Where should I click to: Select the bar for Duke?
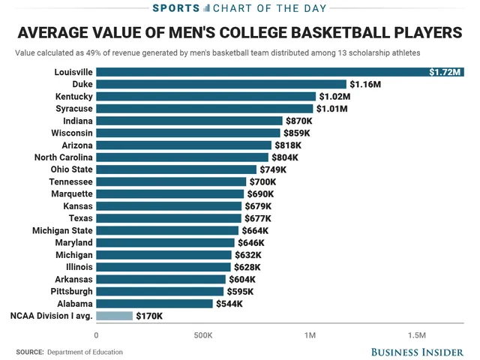pyautogui.click(x=220, y=85)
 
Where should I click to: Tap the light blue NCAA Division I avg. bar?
pyautogui.click(x=114, y=316)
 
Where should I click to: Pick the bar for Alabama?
pyautogui.click(x=154, y=304)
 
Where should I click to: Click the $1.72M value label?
pyautogui.click(x=445, y=72)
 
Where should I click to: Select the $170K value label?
pyautogui.click(x=149, y=316)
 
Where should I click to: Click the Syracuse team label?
pyautogui.click(x=74, y=109)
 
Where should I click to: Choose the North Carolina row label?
pyautogui.click(x=64, y=157)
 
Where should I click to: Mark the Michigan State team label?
pyautogui.click(x=63, y=230)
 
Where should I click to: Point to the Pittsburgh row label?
pyautogui.click(x=72, y=291)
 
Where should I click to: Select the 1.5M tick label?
pyautogui.click(x=416, y=334)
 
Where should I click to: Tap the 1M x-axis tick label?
pyautogui.click(x=310, y=334)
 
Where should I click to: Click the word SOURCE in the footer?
pyautogui.click(x=29, y=352)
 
